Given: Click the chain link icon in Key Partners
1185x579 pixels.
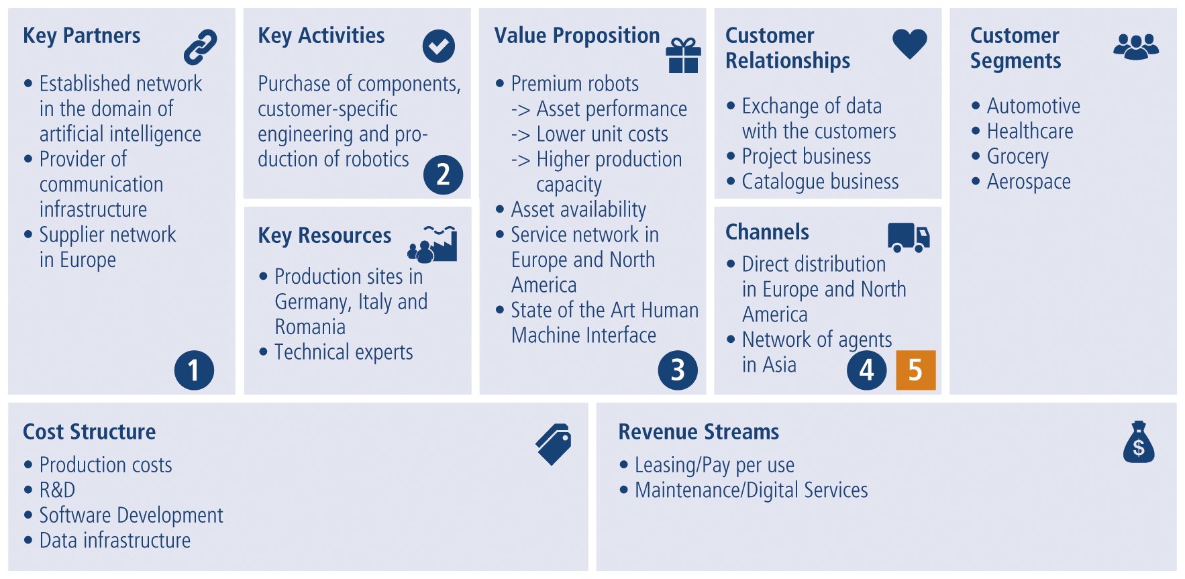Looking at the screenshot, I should [201, 46].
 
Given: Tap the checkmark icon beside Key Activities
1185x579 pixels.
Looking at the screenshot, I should [439, 46].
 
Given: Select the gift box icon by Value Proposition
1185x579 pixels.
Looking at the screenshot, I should [683, 55].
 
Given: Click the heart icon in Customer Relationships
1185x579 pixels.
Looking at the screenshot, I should [909, 44].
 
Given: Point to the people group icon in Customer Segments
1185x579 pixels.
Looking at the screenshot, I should [1135, 46].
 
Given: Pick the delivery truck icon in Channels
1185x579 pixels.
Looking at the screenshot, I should [909, 237].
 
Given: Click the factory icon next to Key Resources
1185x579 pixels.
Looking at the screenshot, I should [433, 244].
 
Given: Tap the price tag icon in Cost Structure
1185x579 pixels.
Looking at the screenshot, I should [554, 443].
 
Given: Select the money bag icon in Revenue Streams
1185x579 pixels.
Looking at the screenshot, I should [1138, 442].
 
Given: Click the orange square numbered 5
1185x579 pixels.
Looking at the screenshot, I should [915, 370].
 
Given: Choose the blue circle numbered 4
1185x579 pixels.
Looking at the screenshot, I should [866, 370].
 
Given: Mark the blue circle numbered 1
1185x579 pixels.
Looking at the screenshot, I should [194, 370].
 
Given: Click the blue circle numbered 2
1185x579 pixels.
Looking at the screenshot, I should [443, 174].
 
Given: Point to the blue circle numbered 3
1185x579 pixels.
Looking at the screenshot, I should [678, 370].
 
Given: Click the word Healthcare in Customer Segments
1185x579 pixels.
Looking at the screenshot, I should [1029, 131].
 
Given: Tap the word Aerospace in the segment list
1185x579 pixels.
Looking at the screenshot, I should [1028, 182].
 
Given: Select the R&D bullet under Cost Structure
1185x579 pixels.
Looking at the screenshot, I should [57, 490].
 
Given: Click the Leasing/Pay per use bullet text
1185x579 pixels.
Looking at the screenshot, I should [714, 465].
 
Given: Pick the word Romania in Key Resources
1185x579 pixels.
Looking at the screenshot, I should [310, 327].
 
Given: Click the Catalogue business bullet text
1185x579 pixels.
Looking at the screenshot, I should [820, 182].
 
